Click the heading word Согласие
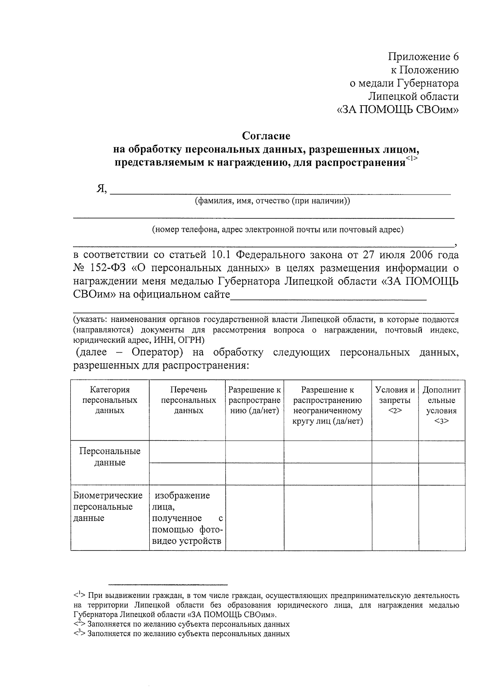[x=266, y=136]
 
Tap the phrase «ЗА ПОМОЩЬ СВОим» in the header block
[x=397, y=110]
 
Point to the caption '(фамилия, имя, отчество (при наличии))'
[x=272, y=201]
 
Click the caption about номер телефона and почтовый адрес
[x=278, y=230]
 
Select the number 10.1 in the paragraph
[x=221, y=255]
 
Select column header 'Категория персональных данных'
[x=110, y=400]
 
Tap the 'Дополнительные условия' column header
[x=441, y=405]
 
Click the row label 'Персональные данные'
[x=110, y=457]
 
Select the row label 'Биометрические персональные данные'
[x=108, y=507]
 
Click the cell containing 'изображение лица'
[x=187, y=518]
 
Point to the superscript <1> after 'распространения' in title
[x=412, y=159]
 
